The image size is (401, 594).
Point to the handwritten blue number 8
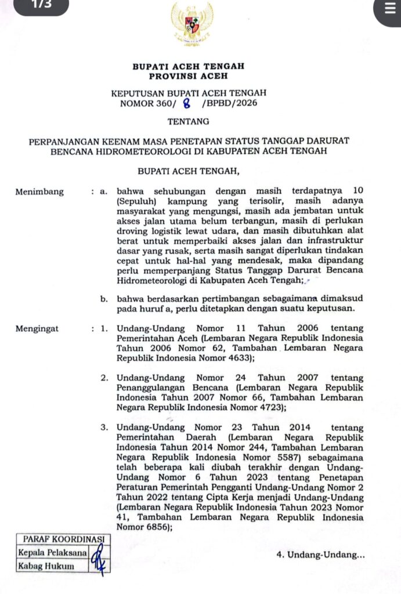pyautogui.click(x=187, y=104)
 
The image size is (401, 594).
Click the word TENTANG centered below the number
pyautogui.click(x=188, y=122)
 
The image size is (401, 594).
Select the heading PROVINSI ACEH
pyautogui.click(x=188, y=76)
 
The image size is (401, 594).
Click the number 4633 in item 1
pyautogui.click(x=266, y=358)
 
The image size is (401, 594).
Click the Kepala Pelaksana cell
pyautogui.click(x=52, y=553)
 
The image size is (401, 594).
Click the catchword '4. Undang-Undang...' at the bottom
pyautogui.click(x=321, y=555)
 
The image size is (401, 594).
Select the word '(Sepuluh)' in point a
pyautogui.click(x=138, y=201)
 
